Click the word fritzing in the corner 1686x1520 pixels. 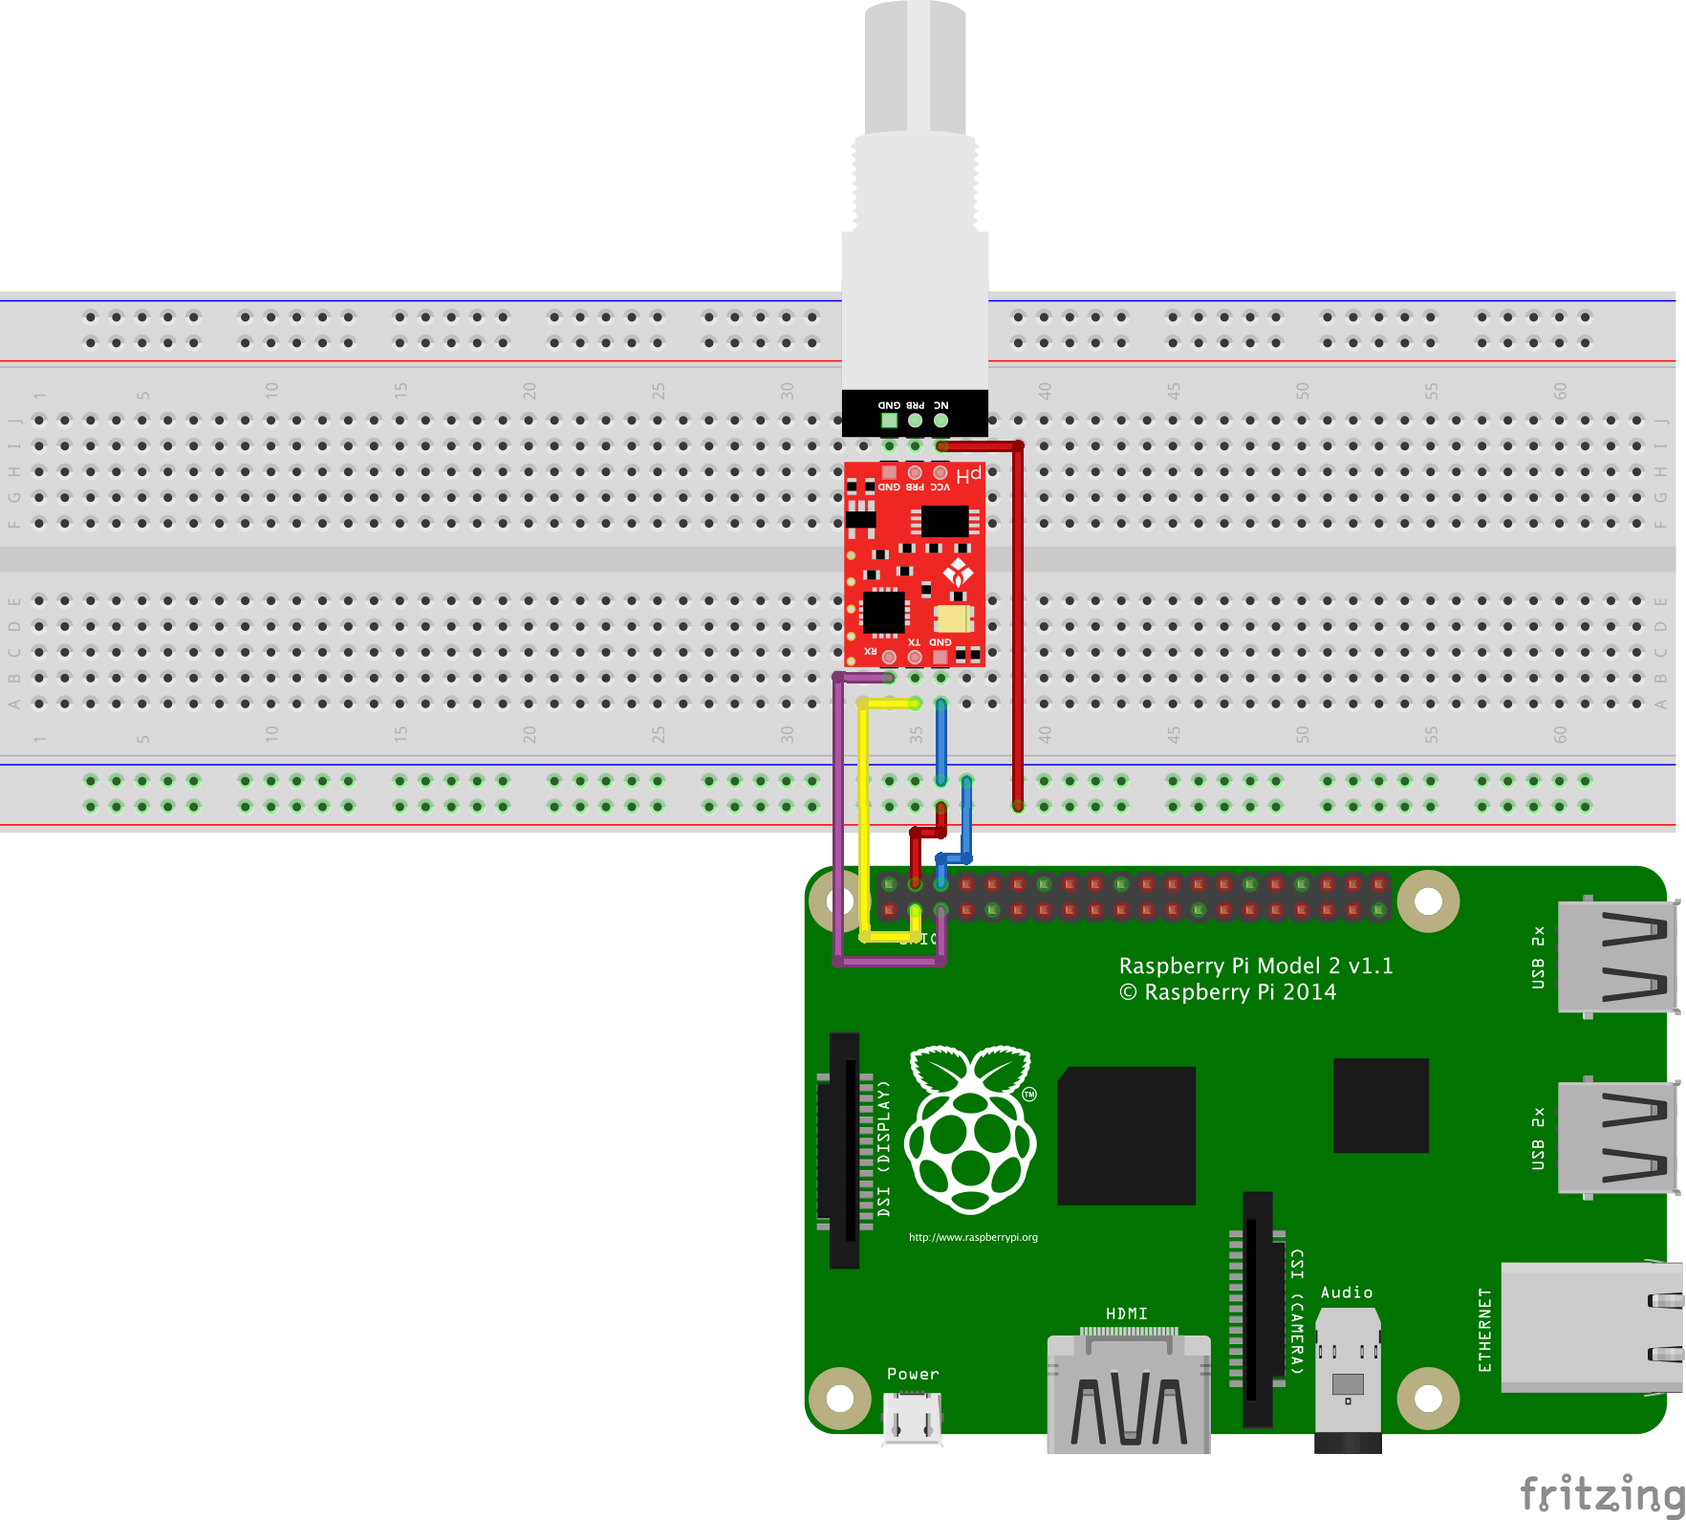pos(1600,1493)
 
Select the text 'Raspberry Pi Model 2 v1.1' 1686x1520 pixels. pos(1255,966)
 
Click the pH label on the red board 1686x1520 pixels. pos(969,475)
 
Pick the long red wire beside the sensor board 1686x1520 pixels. pos(1018,621)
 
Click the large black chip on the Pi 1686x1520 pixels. pos(1126,1135)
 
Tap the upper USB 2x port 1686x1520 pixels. pos(1616,956)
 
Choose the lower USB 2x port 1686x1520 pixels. pos(1616,1138)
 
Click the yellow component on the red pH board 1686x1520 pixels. pos(953,619)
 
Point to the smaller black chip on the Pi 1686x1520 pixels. pos(1380,1105)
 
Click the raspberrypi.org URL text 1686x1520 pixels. pos(973,1237)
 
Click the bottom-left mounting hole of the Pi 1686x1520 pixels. pos(839,1398)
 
